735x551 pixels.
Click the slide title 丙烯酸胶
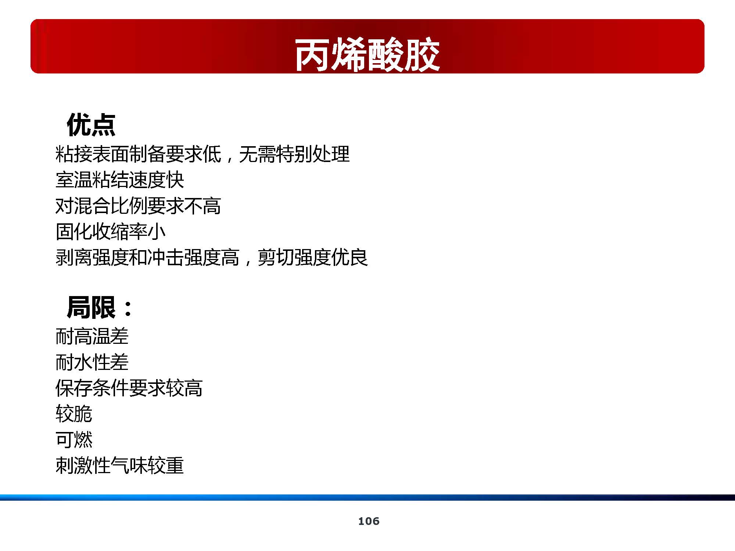367,55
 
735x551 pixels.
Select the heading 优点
91,125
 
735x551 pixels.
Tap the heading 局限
91,307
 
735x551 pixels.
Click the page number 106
369,521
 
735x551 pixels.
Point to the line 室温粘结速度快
119,180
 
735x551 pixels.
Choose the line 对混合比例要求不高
138,206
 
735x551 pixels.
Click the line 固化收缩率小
110,231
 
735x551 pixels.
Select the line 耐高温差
92,336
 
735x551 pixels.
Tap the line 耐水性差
92,362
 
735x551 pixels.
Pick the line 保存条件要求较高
129,388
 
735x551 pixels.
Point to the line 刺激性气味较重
119,465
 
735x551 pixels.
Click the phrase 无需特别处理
294,154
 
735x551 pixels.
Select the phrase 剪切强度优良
312,258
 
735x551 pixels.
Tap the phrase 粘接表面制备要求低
138,154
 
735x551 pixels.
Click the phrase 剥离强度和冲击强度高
147,258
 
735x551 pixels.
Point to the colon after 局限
128,309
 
